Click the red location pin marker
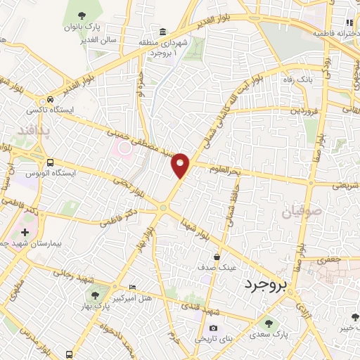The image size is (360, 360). tap(181, 165)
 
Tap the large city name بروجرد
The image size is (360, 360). tap(267, 285)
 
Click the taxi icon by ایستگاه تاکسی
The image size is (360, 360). tap(49, 100)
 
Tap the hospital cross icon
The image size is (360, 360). tap(25, 231)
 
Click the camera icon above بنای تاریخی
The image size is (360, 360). tap(213, 328)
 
